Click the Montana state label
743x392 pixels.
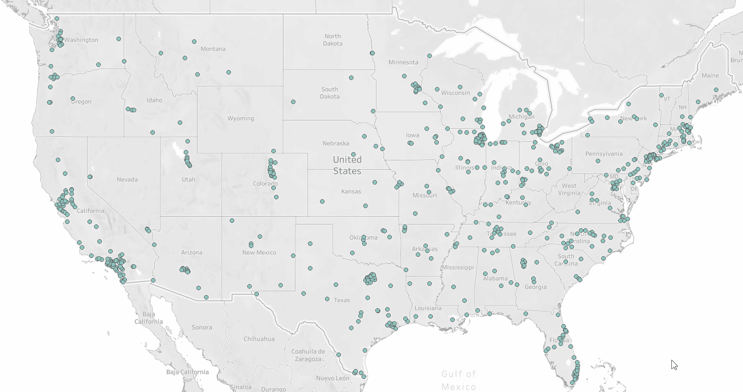pos(213,49)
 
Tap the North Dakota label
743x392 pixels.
pos(332,40)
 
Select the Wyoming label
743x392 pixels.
pos(241,119)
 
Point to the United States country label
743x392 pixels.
pos(347,165)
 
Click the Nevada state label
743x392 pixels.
pos(127,180)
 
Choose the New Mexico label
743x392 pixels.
pos(259,253)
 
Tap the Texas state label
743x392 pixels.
pos(342,300)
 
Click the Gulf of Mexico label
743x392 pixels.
pos(458,380)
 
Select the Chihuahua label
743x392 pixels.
pos(259,339)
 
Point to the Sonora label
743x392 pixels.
pos(202,327)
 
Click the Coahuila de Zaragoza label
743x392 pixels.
pos(308,355)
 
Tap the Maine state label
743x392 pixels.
pos(710,76)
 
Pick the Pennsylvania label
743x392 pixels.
pos(604,154)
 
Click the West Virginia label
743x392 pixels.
pos(569,189)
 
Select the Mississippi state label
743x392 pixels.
pos(458,268)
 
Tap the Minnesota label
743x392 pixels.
pos(403,62)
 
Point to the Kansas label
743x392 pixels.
pos(351,192)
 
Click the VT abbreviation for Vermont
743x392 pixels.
pos(666,99)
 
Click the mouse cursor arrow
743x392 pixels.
pos(674,364)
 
